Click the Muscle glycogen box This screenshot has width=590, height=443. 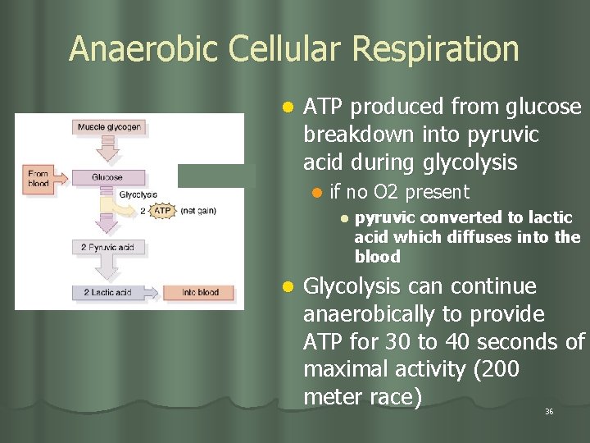click(109, 127)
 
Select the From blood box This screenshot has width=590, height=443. click(39, 178)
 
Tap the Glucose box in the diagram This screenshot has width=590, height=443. click(107, 176)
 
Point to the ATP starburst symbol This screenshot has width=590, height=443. click(163, 211)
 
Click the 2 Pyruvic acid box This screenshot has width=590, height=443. click(107, 247)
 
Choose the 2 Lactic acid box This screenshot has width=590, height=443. click(107, 292)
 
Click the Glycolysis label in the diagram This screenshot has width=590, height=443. click(138, 194)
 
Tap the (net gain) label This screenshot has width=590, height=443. click(197, 211)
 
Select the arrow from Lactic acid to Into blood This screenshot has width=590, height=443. click(152, 292)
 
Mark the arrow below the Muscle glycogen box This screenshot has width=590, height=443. click(107, 151)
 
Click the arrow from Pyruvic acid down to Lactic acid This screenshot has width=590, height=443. click(107, 269)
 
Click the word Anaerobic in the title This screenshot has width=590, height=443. click(143, 49)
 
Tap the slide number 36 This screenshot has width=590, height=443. click(549, 411)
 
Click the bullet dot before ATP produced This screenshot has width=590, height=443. click(287, 107)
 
